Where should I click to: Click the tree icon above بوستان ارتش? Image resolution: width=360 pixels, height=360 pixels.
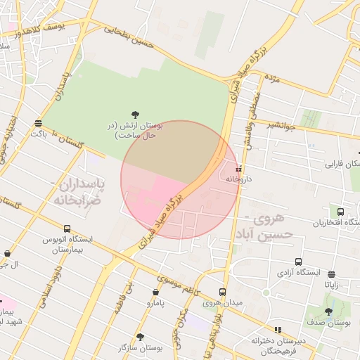[x=135, y=114]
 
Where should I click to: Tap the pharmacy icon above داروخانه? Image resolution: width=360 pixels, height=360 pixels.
[x=238, y=169]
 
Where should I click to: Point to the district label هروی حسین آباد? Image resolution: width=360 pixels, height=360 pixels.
[x=263, y=226]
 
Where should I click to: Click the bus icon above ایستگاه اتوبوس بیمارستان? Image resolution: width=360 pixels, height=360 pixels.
[x=67, y=229]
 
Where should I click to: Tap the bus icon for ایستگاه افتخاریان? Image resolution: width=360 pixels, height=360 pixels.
[x=341, y=212]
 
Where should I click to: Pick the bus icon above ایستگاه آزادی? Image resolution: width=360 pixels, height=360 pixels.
[x=299, y=261]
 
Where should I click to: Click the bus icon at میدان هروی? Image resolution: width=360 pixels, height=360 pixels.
[x=222, y=292]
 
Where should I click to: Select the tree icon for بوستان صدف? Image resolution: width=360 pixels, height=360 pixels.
[x=328, y=311]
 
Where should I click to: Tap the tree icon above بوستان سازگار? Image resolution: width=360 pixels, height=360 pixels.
[x=140, y=337]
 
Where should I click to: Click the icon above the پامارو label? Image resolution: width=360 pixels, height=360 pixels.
[x=155, y=292]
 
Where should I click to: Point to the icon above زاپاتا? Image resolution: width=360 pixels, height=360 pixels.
[x=331, y=274]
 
